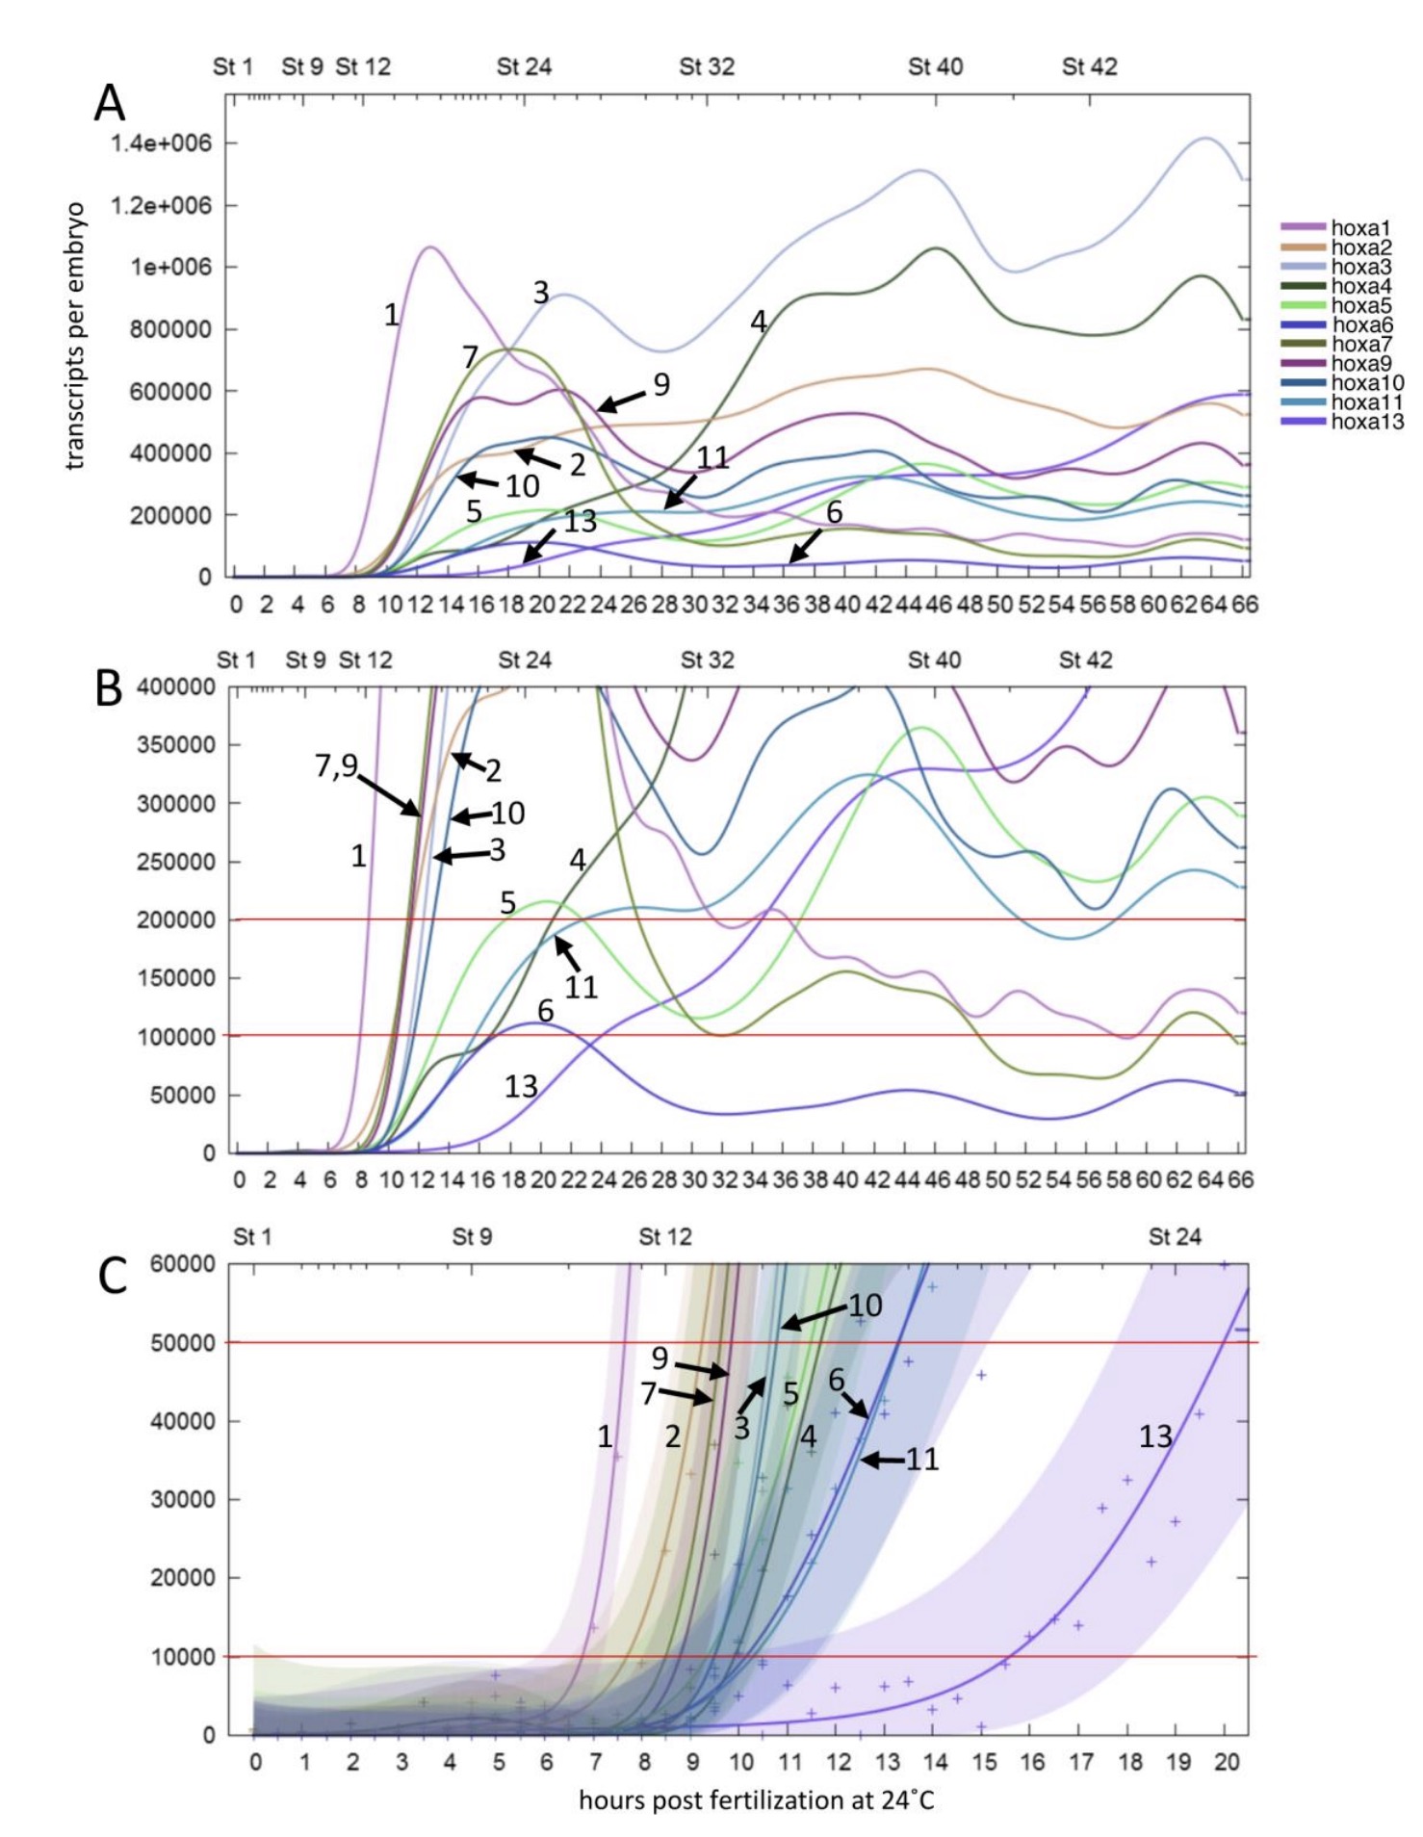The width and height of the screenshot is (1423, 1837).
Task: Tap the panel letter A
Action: [109, 103]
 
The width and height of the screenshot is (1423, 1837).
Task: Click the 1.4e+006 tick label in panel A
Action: [161, 143]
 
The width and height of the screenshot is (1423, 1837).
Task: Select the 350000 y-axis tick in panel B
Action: [176, 745]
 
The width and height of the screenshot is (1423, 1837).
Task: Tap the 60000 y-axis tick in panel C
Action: [183, 1264]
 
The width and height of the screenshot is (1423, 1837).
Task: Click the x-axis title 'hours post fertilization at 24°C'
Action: [756, 1799]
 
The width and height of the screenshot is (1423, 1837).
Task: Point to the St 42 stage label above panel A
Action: [1089, 67]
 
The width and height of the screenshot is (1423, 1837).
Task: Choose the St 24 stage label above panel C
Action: [1175, 1236]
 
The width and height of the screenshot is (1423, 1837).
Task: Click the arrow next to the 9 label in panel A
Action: [621, 401]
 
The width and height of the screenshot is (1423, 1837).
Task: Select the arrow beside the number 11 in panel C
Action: [882, 1461]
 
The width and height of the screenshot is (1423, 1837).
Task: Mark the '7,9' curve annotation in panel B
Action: [336, 766]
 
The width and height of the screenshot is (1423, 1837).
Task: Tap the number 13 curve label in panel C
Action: [1155, 1437]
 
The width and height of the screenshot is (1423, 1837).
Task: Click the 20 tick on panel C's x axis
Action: [1226, 1762]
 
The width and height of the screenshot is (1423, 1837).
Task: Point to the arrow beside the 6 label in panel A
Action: [806, 545]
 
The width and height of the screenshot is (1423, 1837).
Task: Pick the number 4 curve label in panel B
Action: [578, 860]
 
